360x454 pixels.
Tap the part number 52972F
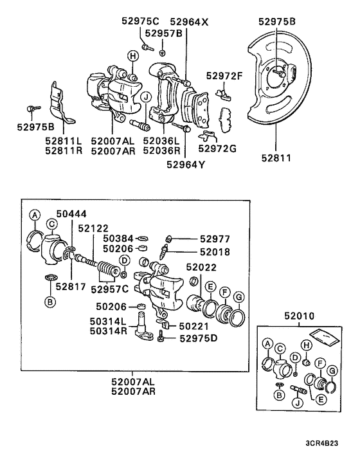tap(224, 76)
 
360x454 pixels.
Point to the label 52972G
tap(217, 149)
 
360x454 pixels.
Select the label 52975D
tap(199, 338)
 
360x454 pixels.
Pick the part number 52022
tap(203, 267)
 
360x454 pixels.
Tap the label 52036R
tap(161, 150)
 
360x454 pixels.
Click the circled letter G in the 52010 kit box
tap(332, 372)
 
